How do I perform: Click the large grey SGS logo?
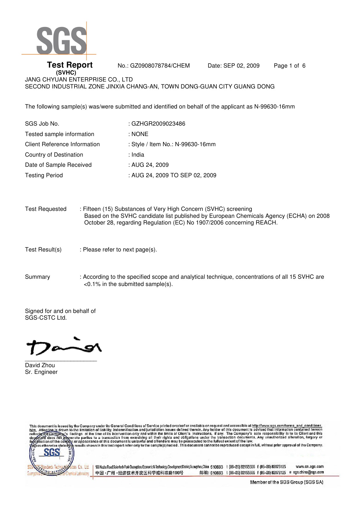(61, 41)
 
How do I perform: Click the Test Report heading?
(70, 65)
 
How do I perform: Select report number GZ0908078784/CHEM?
(160, 66)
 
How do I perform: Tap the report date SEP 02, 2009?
(241, 66)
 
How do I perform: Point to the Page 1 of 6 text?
(290, 66)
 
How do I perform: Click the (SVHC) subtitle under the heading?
(66, 73)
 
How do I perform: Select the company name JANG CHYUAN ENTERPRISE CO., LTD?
(79, 79)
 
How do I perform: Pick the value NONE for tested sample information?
(140, 134)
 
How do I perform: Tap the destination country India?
(138, 155)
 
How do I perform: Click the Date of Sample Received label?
(58, 165)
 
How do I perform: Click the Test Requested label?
(46, 209)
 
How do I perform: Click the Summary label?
(37, 277)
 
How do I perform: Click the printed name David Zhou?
(40, 365)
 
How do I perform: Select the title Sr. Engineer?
(41, 372)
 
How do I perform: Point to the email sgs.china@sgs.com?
(308, 472)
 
